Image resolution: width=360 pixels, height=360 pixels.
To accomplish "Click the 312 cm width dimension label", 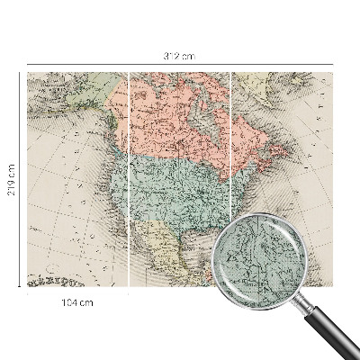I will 180,56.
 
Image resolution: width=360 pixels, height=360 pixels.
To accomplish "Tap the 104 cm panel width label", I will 78,302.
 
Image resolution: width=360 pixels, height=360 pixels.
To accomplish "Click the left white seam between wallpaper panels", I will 130,180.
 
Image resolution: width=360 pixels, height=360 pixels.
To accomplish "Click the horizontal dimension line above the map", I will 108,65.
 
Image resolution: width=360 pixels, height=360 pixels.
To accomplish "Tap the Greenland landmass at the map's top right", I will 270,85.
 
